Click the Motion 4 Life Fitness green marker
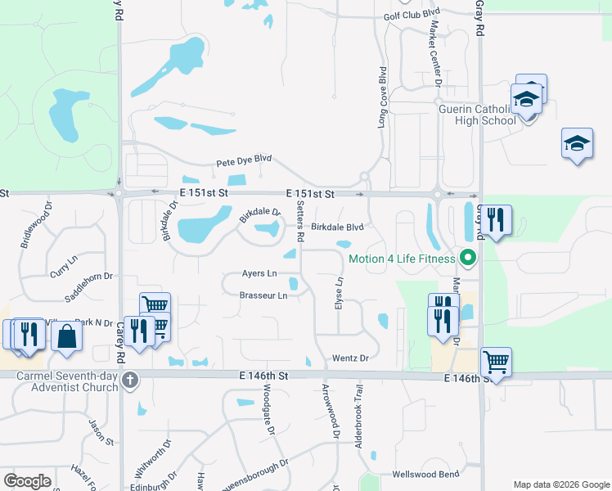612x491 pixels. [468, 259]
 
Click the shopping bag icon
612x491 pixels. [66, 336]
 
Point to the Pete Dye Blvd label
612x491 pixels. [244, 162]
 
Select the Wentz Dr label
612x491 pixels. [351, 358]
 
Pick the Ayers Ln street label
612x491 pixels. [259, 273]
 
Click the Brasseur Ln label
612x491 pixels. [263, 295]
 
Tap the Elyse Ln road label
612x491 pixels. [339, 292]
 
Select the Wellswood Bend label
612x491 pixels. [425, 475]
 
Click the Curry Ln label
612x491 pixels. [63, 259]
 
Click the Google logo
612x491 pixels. [27, 480]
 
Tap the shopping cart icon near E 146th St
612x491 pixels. [496, 361]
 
